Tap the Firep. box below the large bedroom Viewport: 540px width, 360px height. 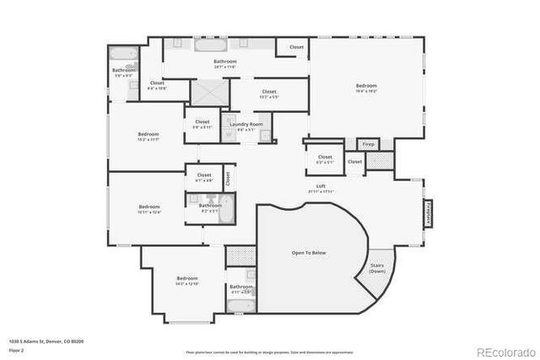368,144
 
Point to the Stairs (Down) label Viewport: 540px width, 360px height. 378,269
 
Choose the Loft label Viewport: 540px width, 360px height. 321,188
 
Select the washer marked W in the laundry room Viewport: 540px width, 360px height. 228,133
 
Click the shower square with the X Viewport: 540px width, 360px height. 204,92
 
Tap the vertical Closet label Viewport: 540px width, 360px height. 228,177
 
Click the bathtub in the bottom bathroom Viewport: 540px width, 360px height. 240,306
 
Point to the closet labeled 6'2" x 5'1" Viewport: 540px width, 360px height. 325,159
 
